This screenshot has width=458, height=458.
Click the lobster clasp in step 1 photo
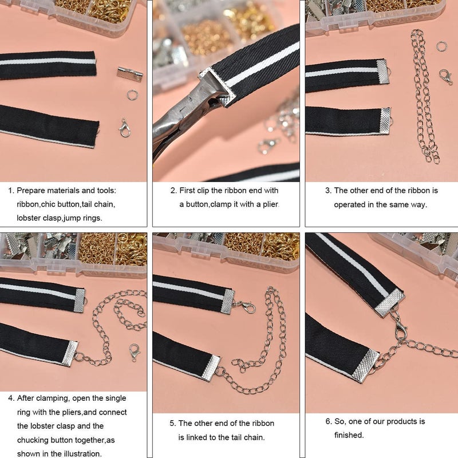point(124,128)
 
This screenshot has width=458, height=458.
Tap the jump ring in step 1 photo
point(133,93)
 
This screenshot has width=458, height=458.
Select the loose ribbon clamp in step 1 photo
point(129,73)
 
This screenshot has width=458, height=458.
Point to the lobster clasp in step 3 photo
point(445,76)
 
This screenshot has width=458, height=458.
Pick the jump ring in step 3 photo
point(441,46)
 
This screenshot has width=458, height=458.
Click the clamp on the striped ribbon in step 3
point(382,71)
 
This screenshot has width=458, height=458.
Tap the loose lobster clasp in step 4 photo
point(135,351)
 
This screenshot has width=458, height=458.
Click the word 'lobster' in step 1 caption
point(30,218)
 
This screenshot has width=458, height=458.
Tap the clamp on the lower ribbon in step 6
point(365,366)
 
